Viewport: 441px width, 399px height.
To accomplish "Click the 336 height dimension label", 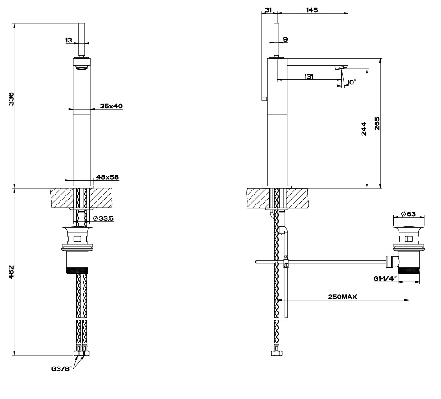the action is click(11, 99).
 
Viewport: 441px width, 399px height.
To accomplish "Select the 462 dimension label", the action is click(11, 272).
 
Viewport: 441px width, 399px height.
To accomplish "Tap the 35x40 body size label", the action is click(111, 106).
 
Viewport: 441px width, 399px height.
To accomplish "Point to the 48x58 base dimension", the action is click(107, 177).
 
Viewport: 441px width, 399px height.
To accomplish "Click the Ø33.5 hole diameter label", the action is click(103, 218).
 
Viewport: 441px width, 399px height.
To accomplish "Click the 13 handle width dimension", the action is click(69, 40).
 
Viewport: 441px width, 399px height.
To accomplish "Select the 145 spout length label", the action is click(312, 10).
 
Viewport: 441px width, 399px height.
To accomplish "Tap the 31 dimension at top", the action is click(268, 10).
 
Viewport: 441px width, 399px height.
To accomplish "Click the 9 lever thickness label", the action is click(285, 39).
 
